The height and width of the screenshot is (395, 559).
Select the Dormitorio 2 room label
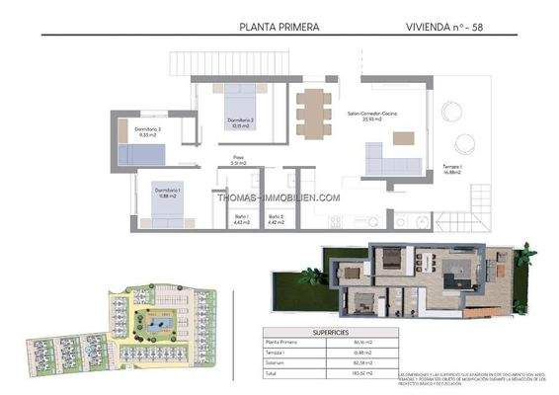[240, 122]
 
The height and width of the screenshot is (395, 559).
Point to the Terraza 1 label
[451, 170]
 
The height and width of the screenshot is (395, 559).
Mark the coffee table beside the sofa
[403, 138]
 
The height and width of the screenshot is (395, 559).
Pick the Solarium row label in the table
[280, 363]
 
